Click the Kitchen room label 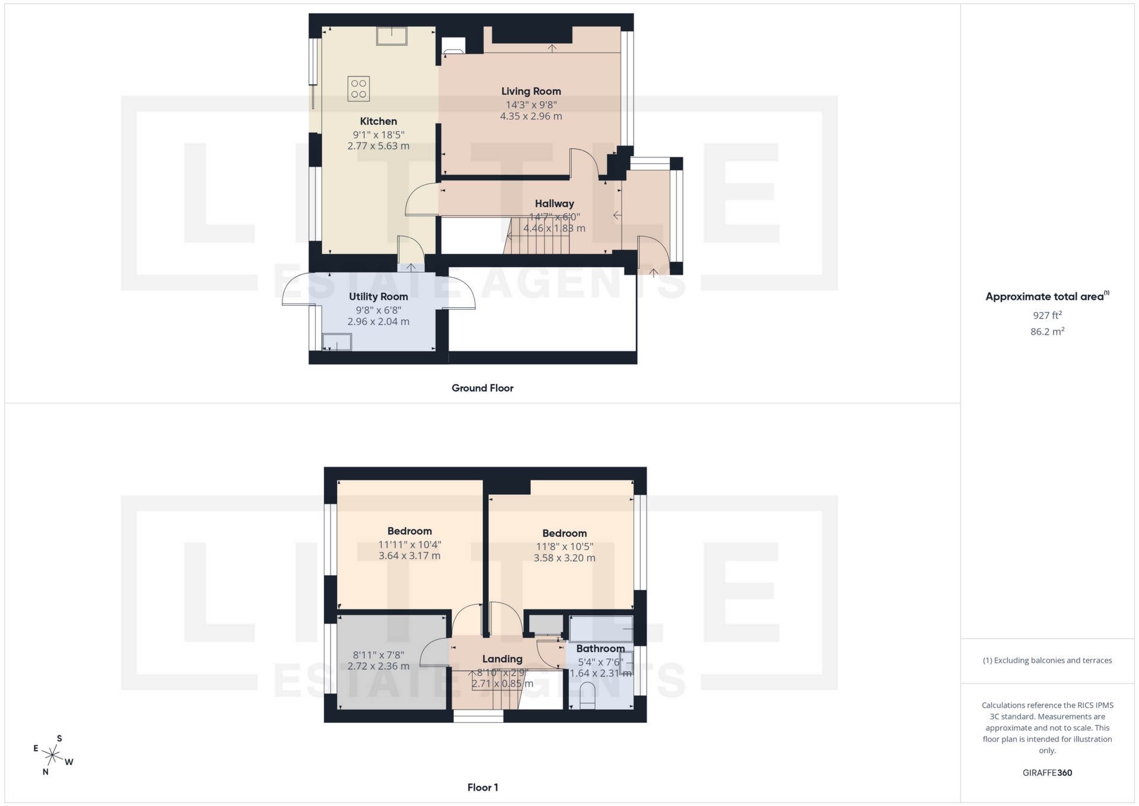pyautogui.click(x=378, y=121)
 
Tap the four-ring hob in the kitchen pyautogui.click(x=358, y=89)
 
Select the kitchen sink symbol pyautogui.click(x=392, y=36)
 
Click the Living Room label pyautogui.click(x=531, y=91)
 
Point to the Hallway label pyautogui.click(x=554, y=204)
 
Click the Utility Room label pyautogui.click(x=378, y=297)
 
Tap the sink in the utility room pyautogui.click(x=336, y=342)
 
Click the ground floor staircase pyautogui.click(x=537, y=235)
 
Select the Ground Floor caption pyautogui.click(x=482, y=388)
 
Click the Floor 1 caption pyautogui.click(x=482, y=788)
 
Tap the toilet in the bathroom pyautogui.click(x=587, y=696)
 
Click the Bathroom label pyautogui.click(x=600, y=649)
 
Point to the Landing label pyautogui.click(x=502, y=659)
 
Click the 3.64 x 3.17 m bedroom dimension pyautogui.click(x=409, y=556)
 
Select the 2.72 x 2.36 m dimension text pyautogui.click(x=378, y=667)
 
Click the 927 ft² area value pyautogui.click(x=1047, y=315)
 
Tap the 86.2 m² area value pyautogui.click(x=1047, y=332)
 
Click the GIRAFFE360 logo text pyautogui.click(x=1047, y=773)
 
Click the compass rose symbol pyautogui.click(x=53, y=756)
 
